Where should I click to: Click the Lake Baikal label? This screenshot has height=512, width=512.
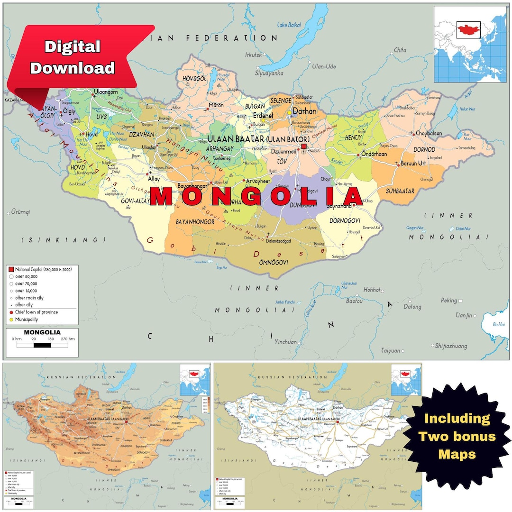[289, 25]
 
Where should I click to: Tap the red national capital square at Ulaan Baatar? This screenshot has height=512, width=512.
[304, 147]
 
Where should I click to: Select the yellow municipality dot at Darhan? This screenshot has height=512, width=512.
[290, 113]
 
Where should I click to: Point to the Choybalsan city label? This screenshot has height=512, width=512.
[429, 134]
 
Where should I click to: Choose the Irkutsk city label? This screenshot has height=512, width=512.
[254, 55]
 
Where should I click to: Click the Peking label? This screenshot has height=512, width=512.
[448, 301]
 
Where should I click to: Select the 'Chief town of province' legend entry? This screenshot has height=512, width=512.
[37, 312]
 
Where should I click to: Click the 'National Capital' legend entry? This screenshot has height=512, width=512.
[42, 269]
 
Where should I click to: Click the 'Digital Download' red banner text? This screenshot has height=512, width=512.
[73, 57]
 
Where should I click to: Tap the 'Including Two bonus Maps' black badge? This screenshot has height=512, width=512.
[457, 436]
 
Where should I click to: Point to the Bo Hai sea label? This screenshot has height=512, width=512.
[499, 324]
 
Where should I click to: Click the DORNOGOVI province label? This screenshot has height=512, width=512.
[345, 220]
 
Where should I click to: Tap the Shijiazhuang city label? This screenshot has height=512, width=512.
[454, 346]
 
